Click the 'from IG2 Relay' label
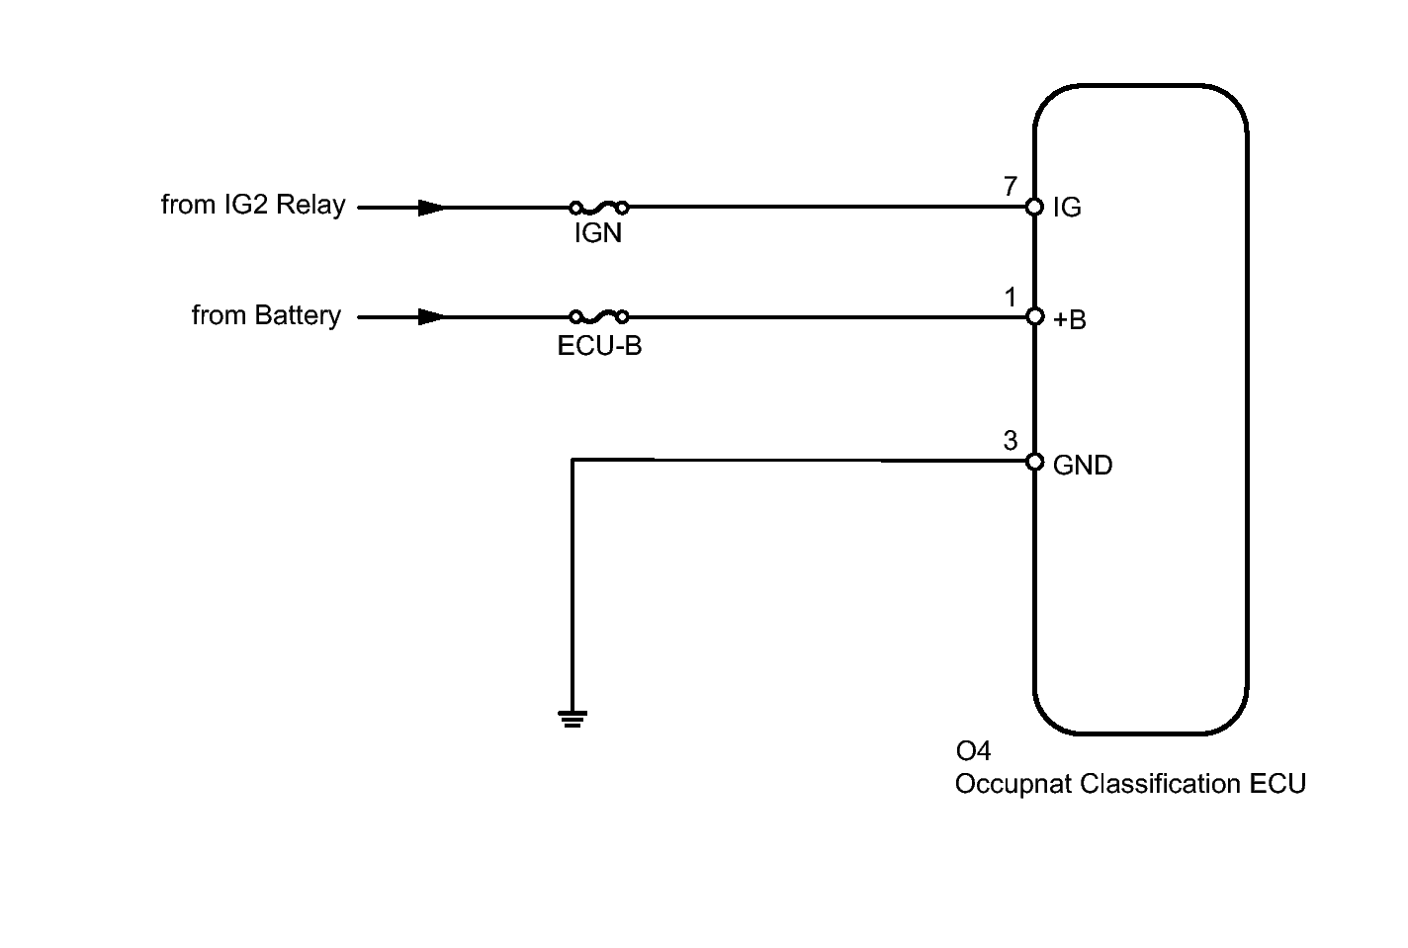pyautogui.click(x=253, y=205)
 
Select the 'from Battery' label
pyautogui.click(x=266, y=315)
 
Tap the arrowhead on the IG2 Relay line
pyautogui.click(x=431, y=208)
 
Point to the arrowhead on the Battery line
pyautogui.click(x=431, y=317)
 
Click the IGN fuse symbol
pyautogui.click(x=599, y=208)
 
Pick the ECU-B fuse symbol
pyautogui.click(x=599, y=317)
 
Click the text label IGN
pyautogui.click(x=598, y=235)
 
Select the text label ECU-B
pyautogui.click(x=599, y=346)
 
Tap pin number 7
pyautogui.click(x=1011, y=186)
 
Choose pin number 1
pyautogui.click(x=1011, y=297)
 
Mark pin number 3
pyautogui.click(x=1011, y=441)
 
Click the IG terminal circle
pyautogui.click(x=1034, y=207)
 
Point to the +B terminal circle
pyautogui.click(x=1034, y=317)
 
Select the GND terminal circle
pyautogui.click(x=1034, y=462)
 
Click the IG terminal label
pyautogui.click(x=1067, y=208)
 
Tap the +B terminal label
pyautogui.click(x=1070, y=319)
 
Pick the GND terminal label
pyautogui.click(x=1083, y=465)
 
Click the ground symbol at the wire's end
pyautogui.click(x=572, y=718)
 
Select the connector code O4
pyautogui.click(x=973, y=751)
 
